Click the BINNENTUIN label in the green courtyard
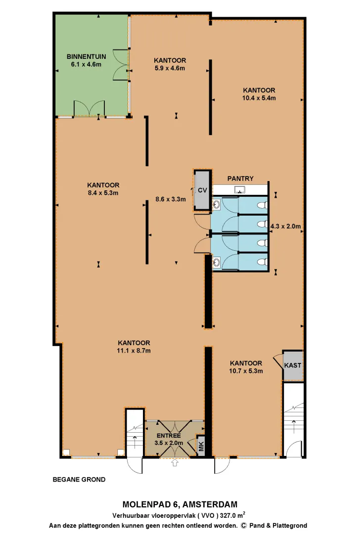click(86, 56)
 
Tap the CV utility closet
click(202, 190)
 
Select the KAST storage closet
click(293, 365)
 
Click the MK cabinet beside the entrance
click(201, 446)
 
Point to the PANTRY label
click(240, 179)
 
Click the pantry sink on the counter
click(240, 189)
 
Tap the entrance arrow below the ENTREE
click(175, 462)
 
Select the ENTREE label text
click(169, 436)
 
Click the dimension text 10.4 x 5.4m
click(259, 98)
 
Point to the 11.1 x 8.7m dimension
click(134, 351)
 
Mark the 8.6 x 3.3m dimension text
click(171, 199)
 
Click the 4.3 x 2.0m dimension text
click(286, 226)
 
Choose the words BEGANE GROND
click(79, 479)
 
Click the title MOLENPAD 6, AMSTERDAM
click(180, 504)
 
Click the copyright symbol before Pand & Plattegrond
click(244, 526)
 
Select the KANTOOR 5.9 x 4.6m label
click(170, 64)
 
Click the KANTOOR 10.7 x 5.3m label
click(246, 367)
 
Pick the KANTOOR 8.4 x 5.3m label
click(103, 189)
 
